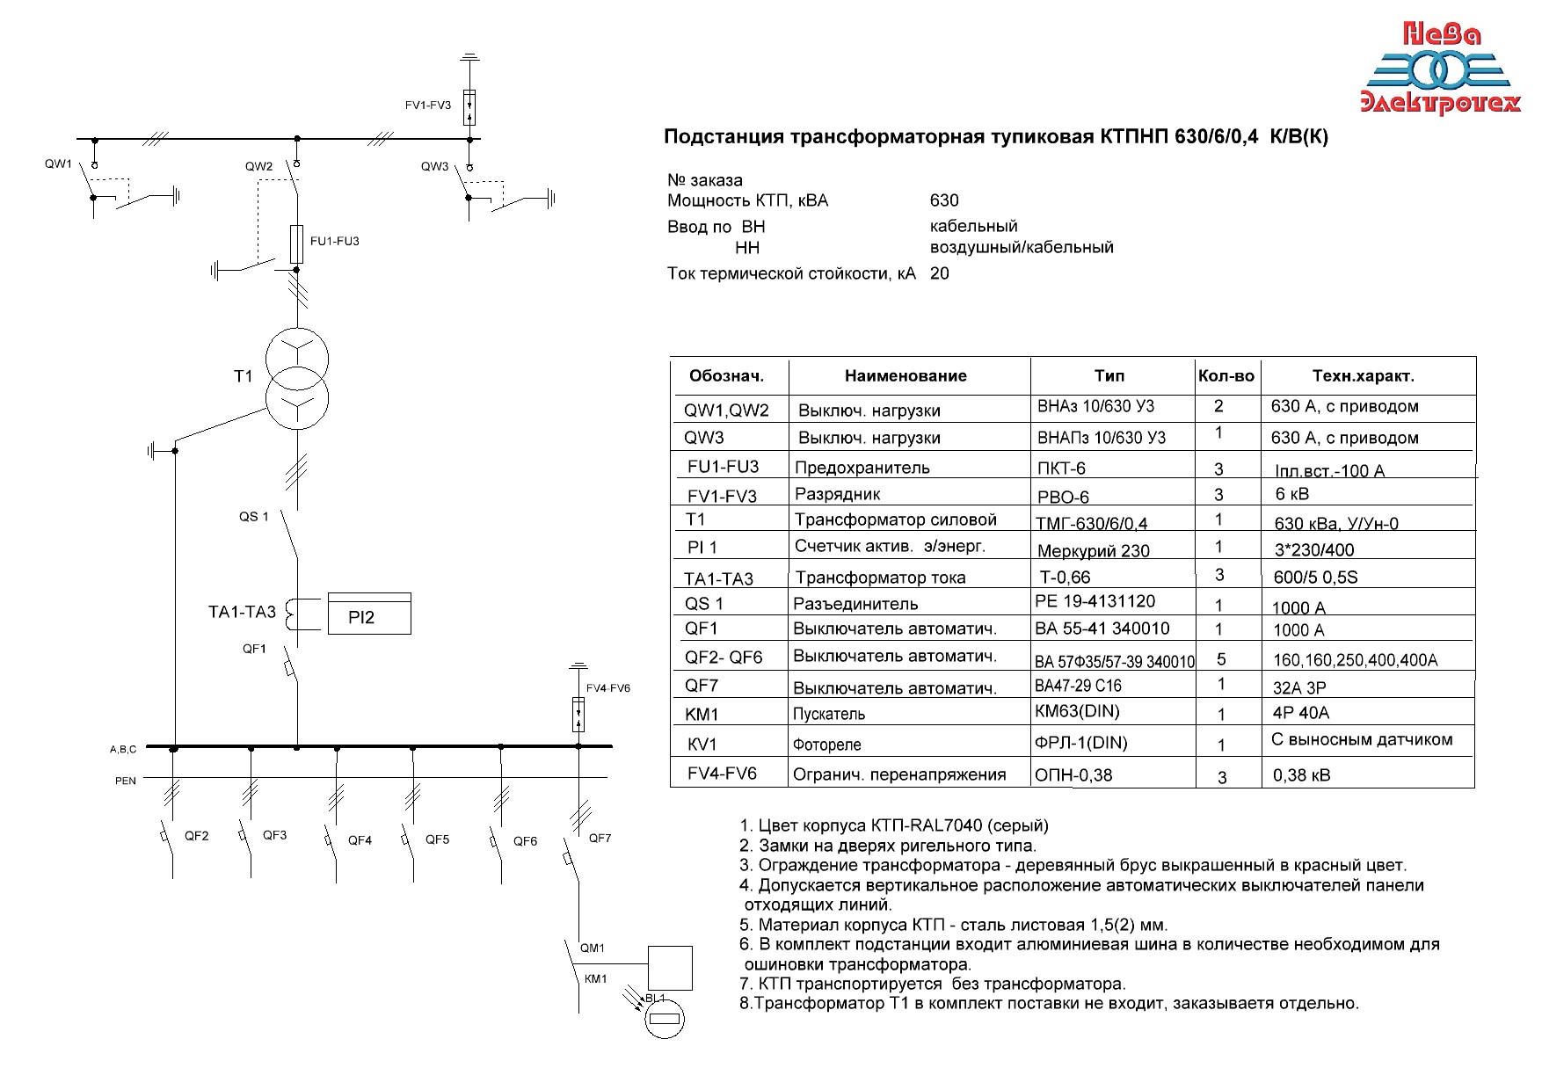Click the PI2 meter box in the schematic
coord(369,614)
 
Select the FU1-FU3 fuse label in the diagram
coord(335,241)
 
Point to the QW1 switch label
coord(59,164)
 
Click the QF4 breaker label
coord(360,840)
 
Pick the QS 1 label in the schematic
coord(254,517)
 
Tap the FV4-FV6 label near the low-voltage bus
coord(608,688)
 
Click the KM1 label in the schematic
coord(596,978)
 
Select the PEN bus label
coord(126,781)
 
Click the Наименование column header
coord(906,376)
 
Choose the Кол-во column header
coord(1226,376)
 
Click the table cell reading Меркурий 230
coord(1094,551)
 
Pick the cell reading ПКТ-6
coord(1062,469)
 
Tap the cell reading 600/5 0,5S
coord(1320,578)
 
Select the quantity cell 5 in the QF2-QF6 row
coord(1221,659)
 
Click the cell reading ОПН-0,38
coord(1073,775)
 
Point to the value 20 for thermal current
coord(940,273)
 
